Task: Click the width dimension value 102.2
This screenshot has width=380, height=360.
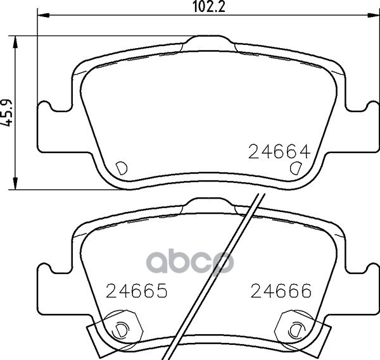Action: click(x=209, y=6)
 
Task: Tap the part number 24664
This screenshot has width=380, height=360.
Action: click(x=279, y=152)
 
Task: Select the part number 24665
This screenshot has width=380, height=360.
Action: click(x=137, y=290)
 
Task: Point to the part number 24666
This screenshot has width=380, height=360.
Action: click(x=281, y=290)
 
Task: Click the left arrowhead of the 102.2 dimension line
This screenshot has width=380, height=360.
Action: click(x=43, y=15)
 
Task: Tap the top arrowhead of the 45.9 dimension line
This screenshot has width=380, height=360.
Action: click(x=15, y=42)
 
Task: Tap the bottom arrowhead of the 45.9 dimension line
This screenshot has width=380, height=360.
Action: click(x=15, y=183)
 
